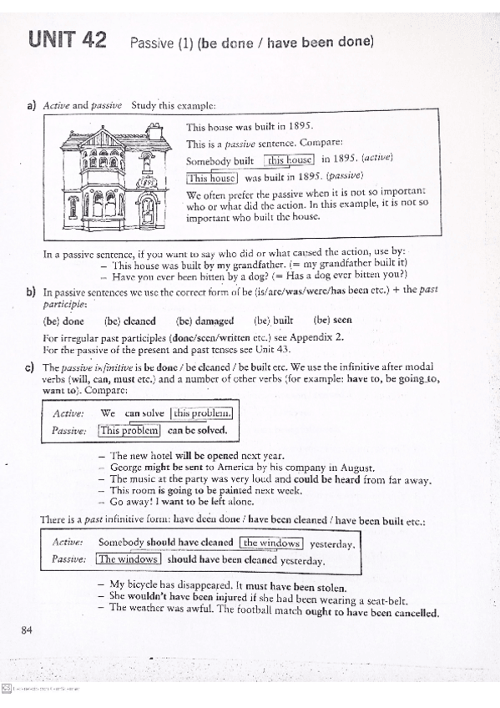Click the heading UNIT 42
tap(67, 39)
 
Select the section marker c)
tap(31, 367)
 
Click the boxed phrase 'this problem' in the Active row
tap(201, 413)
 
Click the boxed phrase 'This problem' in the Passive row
tap(129, 431)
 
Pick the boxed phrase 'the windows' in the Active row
tap(271, 544)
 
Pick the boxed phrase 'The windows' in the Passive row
tap(128, 560)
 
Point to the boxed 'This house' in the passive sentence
tap(212, 177)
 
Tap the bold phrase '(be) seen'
tap(332, 321)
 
